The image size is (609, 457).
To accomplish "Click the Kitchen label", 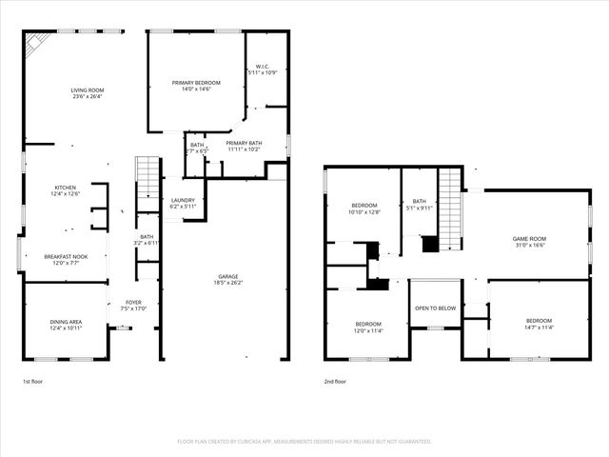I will (65, 190).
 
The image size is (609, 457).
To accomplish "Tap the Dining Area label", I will (66, 325).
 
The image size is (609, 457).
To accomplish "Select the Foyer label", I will (133, 305).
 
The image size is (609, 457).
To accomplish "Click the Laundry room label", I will (183, 202).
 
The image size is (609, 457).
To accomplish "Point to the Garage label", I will (226, 278).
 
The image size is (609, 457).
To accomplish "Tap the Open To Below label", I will (435, 308).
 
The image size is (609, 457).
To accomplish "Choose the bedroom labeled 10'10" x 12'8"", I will (364, 209).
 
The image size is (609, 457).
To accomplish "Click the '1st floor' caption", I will (33, 381).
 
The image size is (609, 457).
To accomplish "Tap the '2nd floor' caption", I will (335, 381).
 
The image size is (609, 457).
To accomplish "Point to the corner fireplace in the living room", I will (35, 43).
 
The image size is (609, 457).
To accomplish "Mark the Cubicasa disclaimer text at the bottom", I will (304, 441).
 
